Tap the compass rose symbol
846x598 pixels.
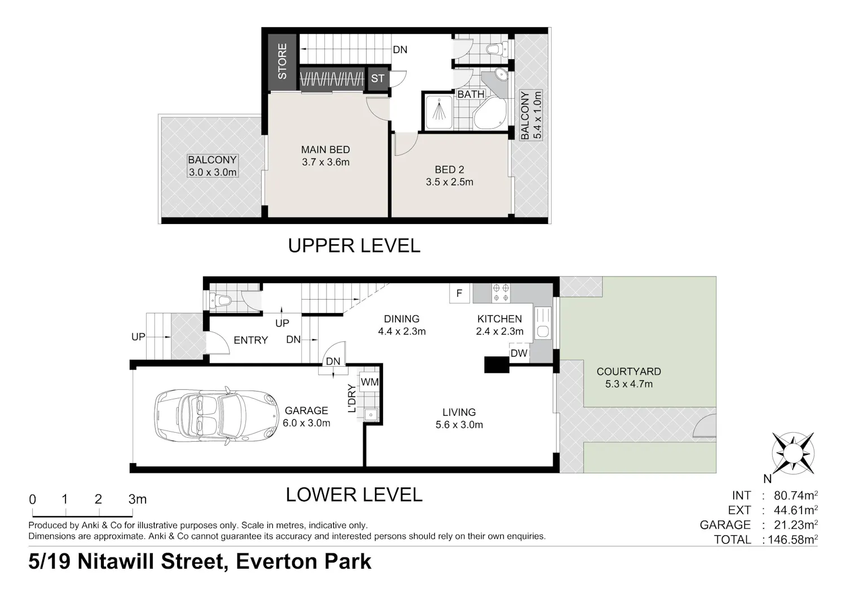(793, 454)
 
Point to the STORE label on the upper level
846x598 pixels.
(282, 61)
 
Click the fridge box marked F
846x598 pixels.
(459, 293)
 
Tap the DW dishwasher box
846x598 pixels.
(519, 353)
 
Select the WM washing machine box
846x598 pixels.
(369, 382)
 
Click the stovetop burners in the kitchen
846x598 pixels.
(501, 293)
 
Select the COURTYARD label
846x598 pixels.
(629, 371)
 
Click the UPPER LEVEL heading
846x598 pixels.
(354, 245)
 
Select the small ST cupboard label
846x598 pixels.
(378, 78)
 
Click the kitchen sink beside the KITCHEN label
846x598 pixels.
(543, 323)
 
